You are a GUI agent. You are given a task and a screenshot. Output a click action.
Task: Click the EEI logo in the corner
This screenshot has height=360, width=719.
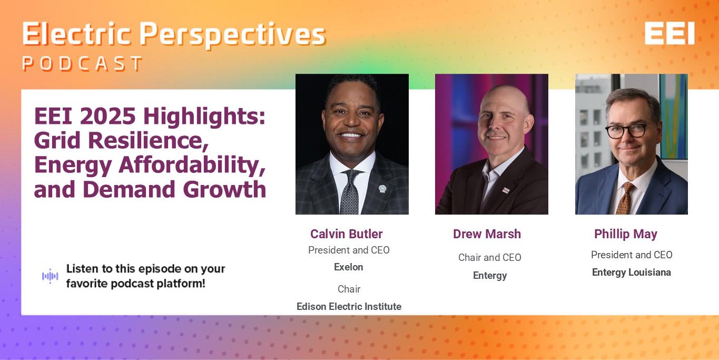(x=669, y=33)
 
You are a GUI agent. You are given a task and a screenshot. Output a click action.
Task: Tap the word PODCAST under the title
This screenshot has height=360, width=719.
(x=83, y=63)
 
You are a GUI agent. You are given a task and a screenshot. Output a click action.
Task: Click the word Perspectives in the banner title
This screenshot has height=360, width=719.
(x=233, y=35)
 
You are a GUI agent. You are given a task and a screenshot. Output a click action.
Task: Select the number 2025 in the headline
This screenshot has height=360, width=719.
(x=107, y=116)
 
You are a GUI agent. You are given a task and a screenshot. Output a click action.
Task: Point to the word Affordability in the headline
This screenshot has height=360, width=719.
(x=192, y=166)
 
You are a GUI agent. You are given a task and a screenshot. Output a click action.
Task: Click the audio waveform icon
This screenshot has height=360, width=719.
(x=50, y=276)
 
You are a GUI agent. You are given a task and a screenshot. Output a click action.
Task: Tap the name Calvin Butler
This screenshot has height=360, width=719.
(x=347, y=234)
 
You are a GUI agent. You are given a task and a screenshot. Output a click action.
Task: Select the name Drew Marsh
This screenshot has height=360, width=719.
(x=487, y=234)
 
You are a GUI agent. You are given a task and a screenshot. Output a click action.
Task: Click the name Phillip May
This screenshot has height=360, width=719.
(x=626, y=234)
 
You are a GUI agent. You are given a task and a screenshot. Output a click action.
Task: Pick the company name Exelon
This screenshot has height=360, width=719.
(x=349, y=267)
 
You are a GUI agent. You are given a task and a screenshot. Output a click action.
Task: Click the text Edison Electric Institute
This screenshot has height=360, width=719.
(x=349, y=306)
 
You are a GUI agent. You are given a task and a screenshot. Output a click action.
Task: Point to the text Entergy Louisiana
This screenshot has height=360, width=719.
(x=632, y=273)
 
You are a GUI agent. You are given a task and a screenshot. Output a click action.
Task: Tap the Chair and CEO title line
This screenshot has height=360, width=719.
(x=490, y=257)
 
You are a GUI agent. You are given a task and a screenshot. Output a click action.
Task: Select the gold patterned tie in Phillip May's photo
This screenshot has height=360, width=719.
(x=624, y=198)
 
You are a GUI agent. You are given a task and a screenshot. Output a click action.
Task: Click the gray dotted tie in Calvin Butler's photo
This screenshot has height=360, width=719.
(x=350, y=192)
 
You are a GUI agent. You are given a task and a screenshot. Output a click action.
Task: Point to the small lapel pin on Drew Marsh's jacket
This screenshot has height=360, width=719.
(x=506, y=191)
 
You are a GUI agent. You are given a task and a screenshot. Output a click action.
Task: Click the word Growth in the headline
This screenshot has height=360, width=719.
(x=224, y=189)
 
